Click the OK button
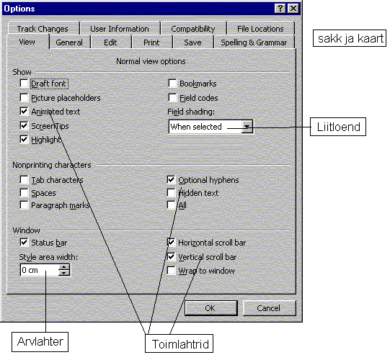coord(211,308)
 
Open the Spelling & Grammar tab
coord(254,42)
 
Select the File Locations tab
coord(260,29)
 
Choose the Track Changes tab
coord(43,29)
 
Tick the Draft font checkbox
coord(24,84)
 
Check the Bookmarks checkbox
coord(172,84)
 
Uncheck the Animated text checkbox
coord(24,112)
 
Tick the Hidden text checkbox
coord(171,192)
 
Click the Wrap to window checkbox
coord(171,271)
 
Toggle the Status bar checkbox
coord(24,243)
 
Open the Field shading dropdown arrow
coord(247,127)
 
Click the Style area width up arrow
coord(64,267)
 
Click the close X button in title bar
coord(293,9)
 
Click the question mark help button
coord(280,9)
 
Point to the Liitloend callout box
coord(338,127)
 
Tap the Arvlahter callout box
coord(40,342)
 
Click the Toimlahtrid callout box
coord(179,343)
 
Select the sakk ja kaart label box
coord(350,38)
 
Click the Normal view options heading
coord(151,61)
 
